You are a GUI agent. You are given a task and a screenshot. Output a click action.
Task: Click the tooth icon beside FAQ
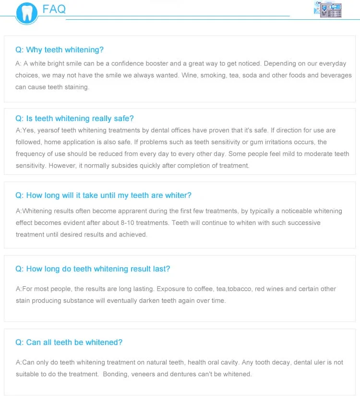[x=26, y=13]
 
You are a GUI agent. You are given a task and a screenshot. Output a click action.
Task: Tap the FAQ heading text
[x=54, y=9]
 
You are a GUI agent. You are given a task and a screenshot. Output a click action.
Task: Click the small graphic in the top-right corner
[x=328, y=9]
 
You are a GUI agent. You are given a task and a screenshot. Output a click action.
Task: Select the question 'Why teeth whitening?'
[x=60, y=50]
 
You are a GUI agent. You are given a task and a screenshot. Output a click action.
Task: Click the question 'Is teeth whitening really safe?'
[x=74, y=119]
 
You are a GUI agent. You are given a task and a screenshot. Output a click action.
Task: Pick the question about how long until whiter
[x=103, y=196]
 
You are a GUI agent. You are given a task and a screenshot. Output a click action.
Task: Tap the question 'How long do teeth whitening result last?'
[x=93, y=269]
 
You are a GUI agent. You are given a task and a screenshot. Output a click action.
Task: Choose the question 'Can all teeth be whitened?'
[x=69, y=343]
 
